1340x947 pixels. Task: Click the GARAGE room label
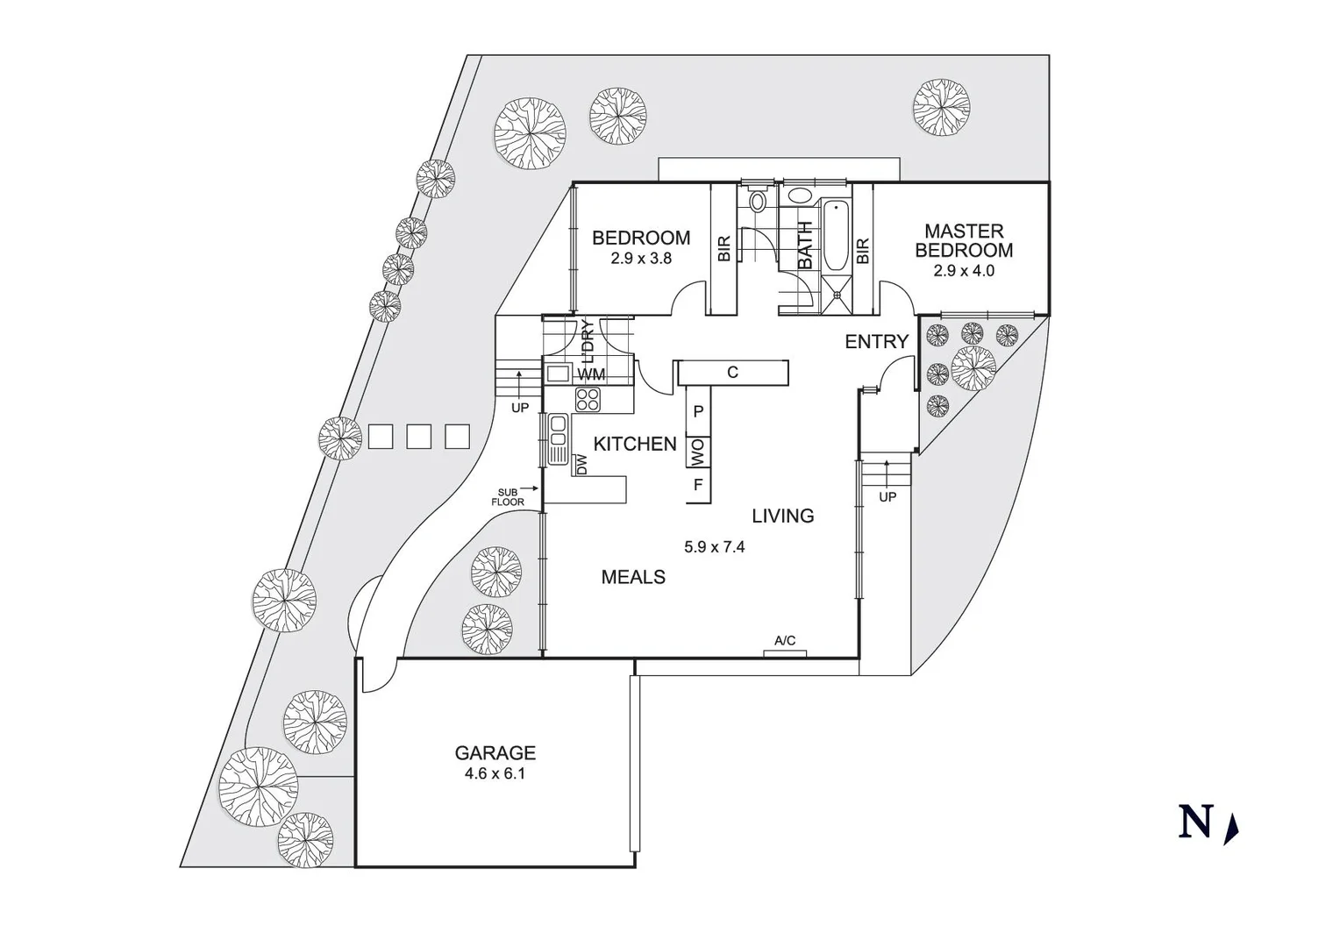point(495,752)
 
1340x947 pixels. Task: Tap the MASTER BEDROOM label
point(964,240)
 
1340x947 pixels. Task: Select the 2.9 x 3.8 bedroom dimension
point(641,259)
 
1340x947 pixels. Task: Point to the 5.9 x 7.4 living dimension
point(715,547)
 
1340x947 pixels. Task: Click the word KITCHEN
point(635,444)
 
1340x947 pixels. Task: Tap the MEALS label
point(633,577)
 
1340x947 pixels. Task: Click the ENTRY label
point(876,342)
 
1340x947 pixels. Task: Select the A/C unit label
point(785,642)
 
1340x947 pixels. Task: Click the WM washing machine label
point(591,374)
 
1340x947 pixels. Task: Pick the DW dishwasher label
point(581,465)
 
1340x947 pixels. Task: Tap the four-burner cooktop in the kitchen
point(588,400)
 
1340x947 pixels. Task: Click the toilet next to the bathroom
point(758,202)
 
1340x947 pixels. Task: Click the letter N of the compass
point(1195,822)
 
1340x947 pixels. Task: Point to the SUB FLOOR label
point(508,497)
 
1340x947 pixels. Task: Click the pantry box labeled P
point(698,411)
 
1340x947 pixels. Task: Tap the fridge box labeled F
point(698,484)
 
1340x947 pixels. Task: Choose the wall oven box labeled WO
point(698,452)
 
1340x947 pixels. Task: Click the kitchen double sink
point(557,440)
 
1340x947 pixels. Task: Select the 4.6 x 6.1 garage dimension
point(495,774)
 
